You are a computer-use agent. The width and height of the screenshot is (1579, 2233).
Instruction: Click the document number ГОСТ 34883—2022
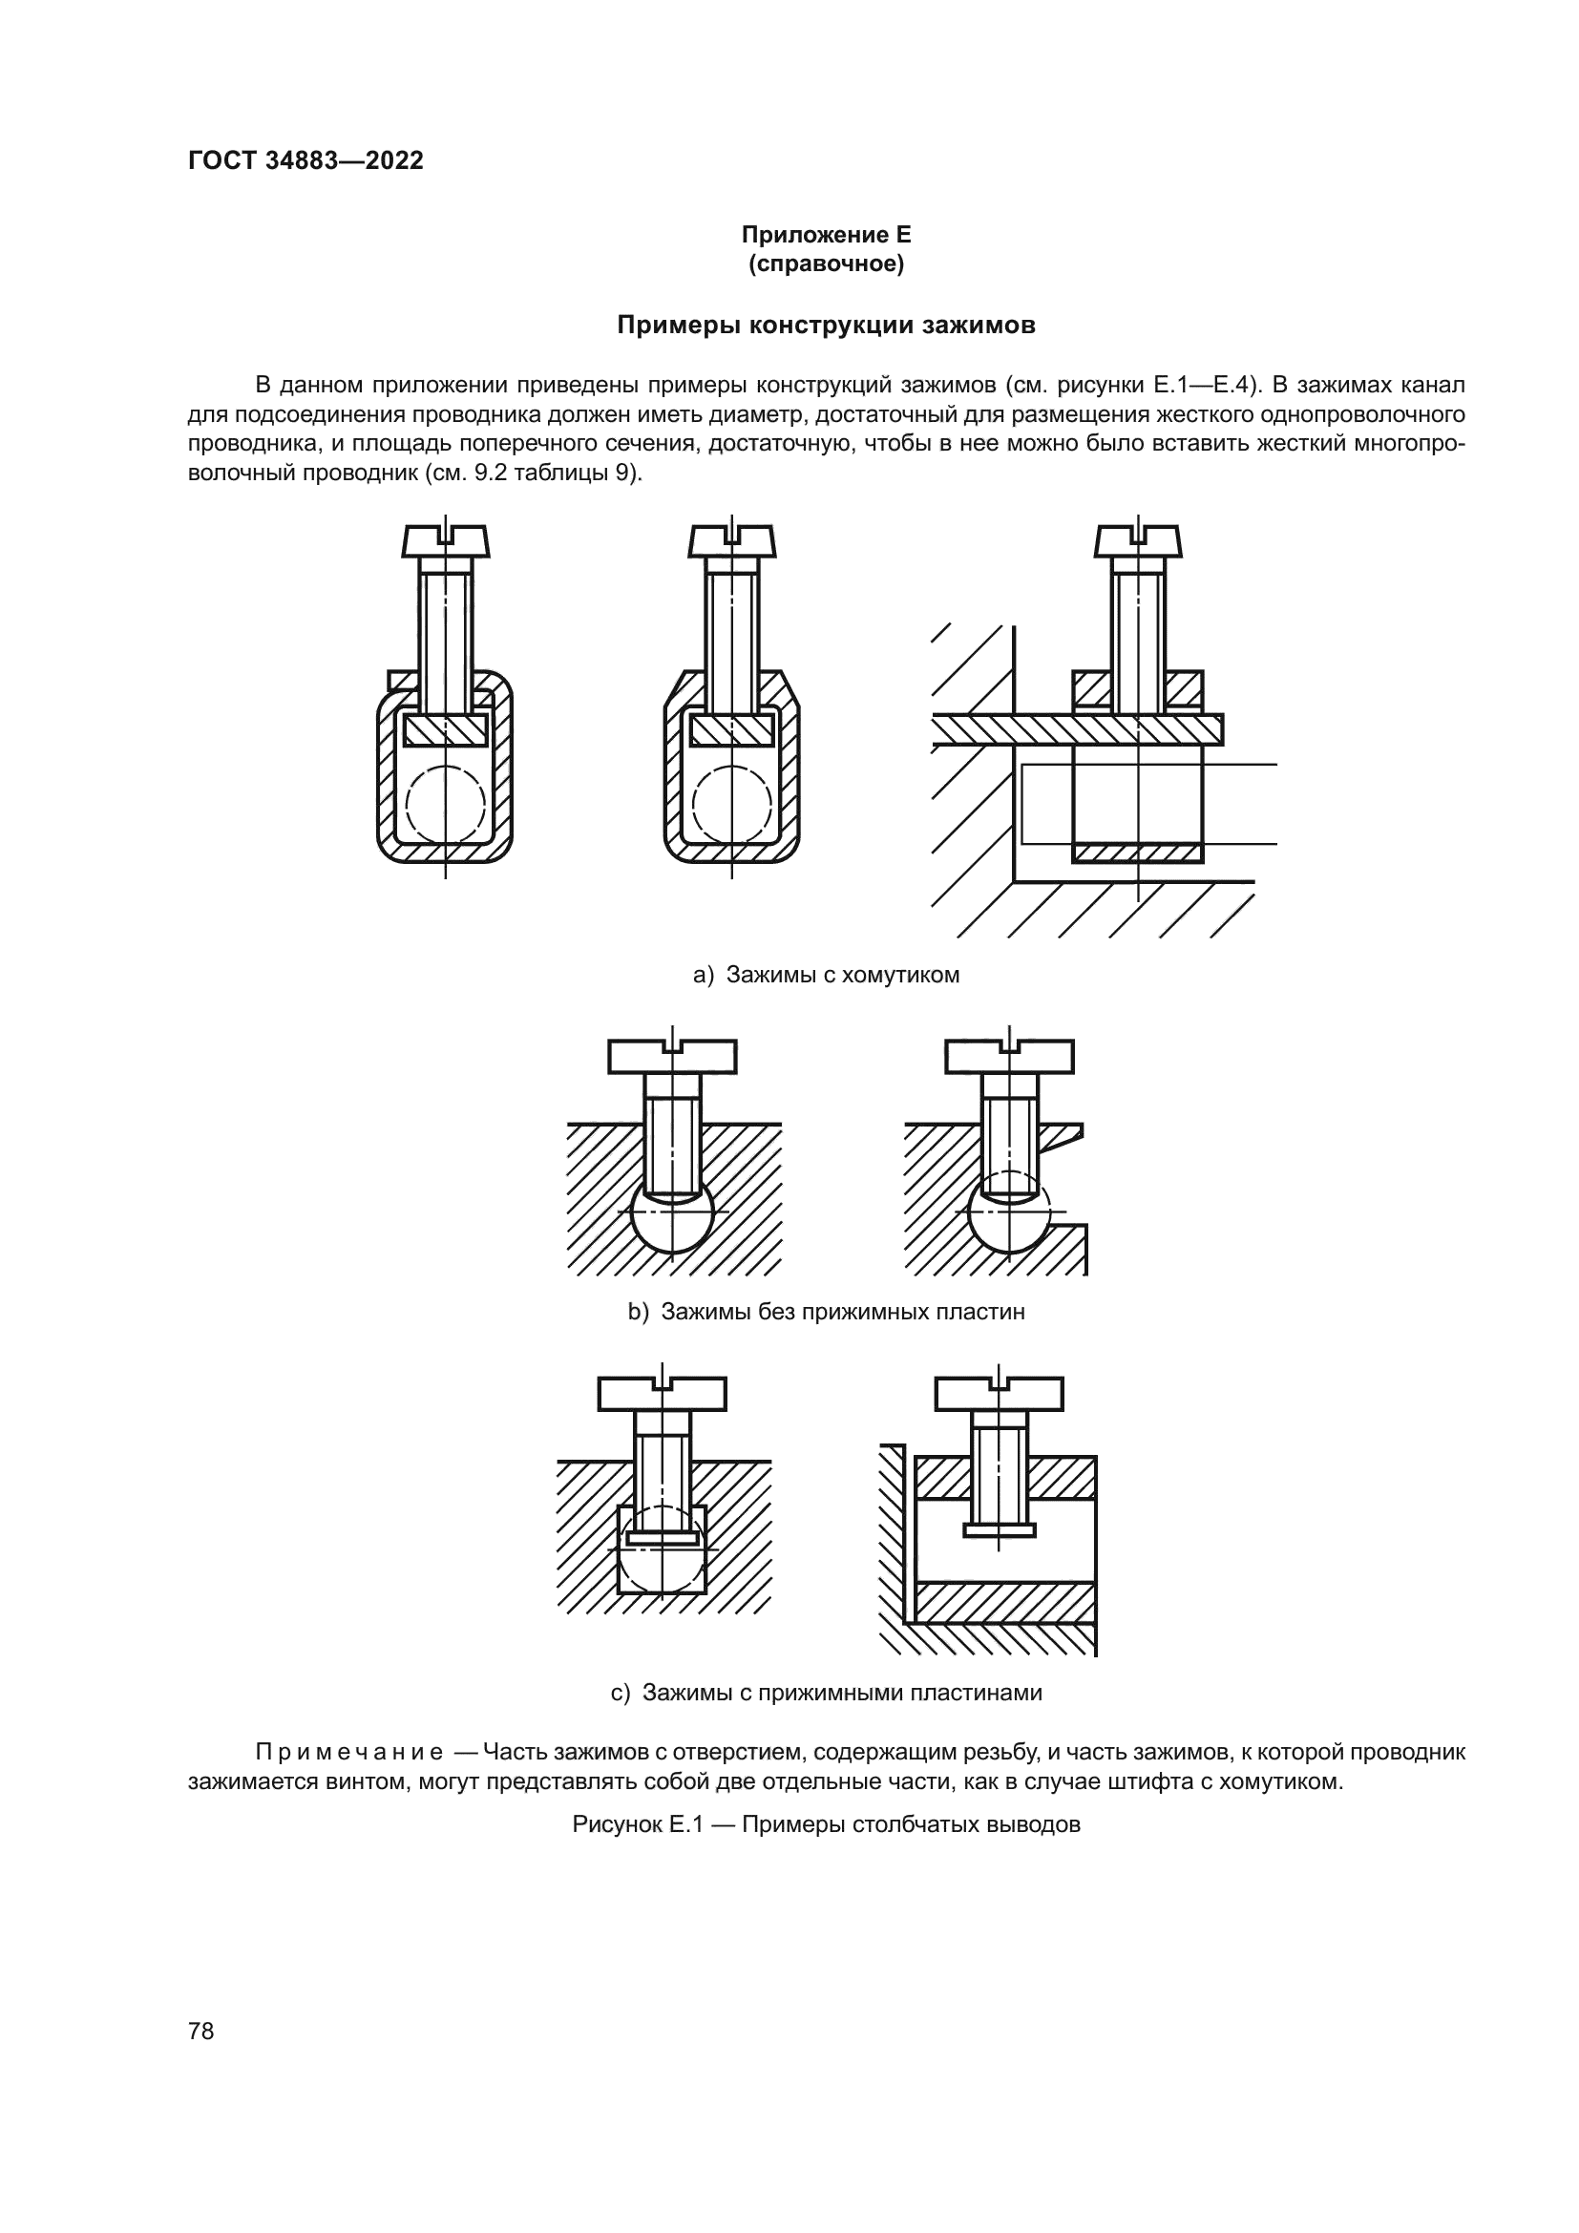[x=305, y=161]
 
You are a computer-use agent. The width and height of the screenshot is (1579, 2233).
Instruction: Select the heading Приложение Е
[x=826, y=235]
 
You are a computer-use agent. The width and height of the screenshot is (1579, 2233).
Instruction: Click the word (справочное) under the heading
[x=826, y=263]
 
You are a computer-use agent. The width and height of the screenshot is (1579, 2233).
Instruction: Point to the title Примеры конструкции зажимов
[x=826, y=326]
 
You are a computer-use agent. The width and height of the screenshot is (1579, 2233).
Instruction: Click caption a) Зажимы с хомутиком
[x=826, y=975]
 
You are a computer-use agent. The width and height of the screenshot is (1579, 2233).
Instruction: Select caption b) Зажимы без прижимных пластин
[x=826, y=1312]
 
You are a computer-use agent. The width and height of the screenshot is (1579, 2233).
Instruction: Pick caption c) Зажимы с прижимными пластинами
[x=826, y=1693]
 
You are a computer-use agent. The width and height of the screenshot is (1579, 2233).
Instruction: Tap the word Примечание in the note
[x=349, y=1753]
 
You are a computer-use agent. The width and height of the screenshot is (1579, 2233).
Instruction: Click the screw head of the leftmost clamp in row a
[x=445, y=540]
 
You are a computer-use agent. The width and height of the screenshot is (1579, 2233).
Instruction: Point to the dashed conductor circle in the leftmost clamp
[x=445, y=806]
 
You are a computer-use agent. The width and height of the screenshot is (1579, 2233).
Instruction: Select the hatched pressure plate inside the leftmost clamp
[x=445, y=730]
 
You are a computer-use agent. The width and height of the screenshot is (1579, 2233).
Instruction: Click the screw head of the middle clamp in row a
[x=732, y=540]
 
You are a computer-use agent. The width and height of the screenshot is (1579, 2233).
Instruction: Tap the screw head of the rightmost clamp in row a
[x=1139, y=540]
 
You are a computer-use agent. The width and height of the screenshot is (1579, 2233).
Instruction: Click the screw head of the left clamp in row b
[x=672, y=1056]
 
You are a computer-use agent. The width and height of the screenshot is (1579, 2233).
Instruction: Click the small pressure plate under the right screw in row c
[x=999, y=1529]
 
